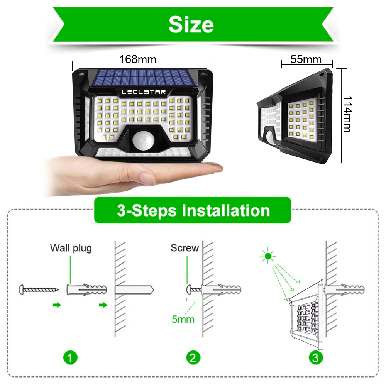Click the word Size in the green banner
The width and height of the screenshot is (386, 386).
[191, 25]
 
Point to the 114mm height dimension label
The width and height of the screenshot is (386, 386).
[347, 114]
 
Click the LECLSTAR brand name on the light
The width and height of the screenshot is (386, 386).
[144, 92]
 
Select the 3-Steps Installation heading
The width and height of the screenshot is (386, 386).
[193, 210]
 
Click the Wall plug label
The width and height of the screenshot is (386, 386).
[71, 247]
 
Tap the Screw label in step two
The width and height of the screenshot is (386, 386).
[185, 247]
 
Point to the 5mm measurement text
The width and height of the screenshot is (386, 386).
[183, 319]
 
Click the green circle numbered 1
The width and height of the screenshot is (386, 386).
[70, 357]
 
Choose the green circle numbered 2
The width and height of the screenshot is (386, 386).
[193, 357]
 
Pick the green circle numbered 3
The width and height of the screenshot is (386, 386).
[316, 357]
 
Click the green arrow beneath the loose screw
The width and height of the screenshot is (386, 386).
[57, 305]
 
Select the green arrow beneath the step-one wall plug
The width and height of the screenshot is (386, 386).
[103, 305]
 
